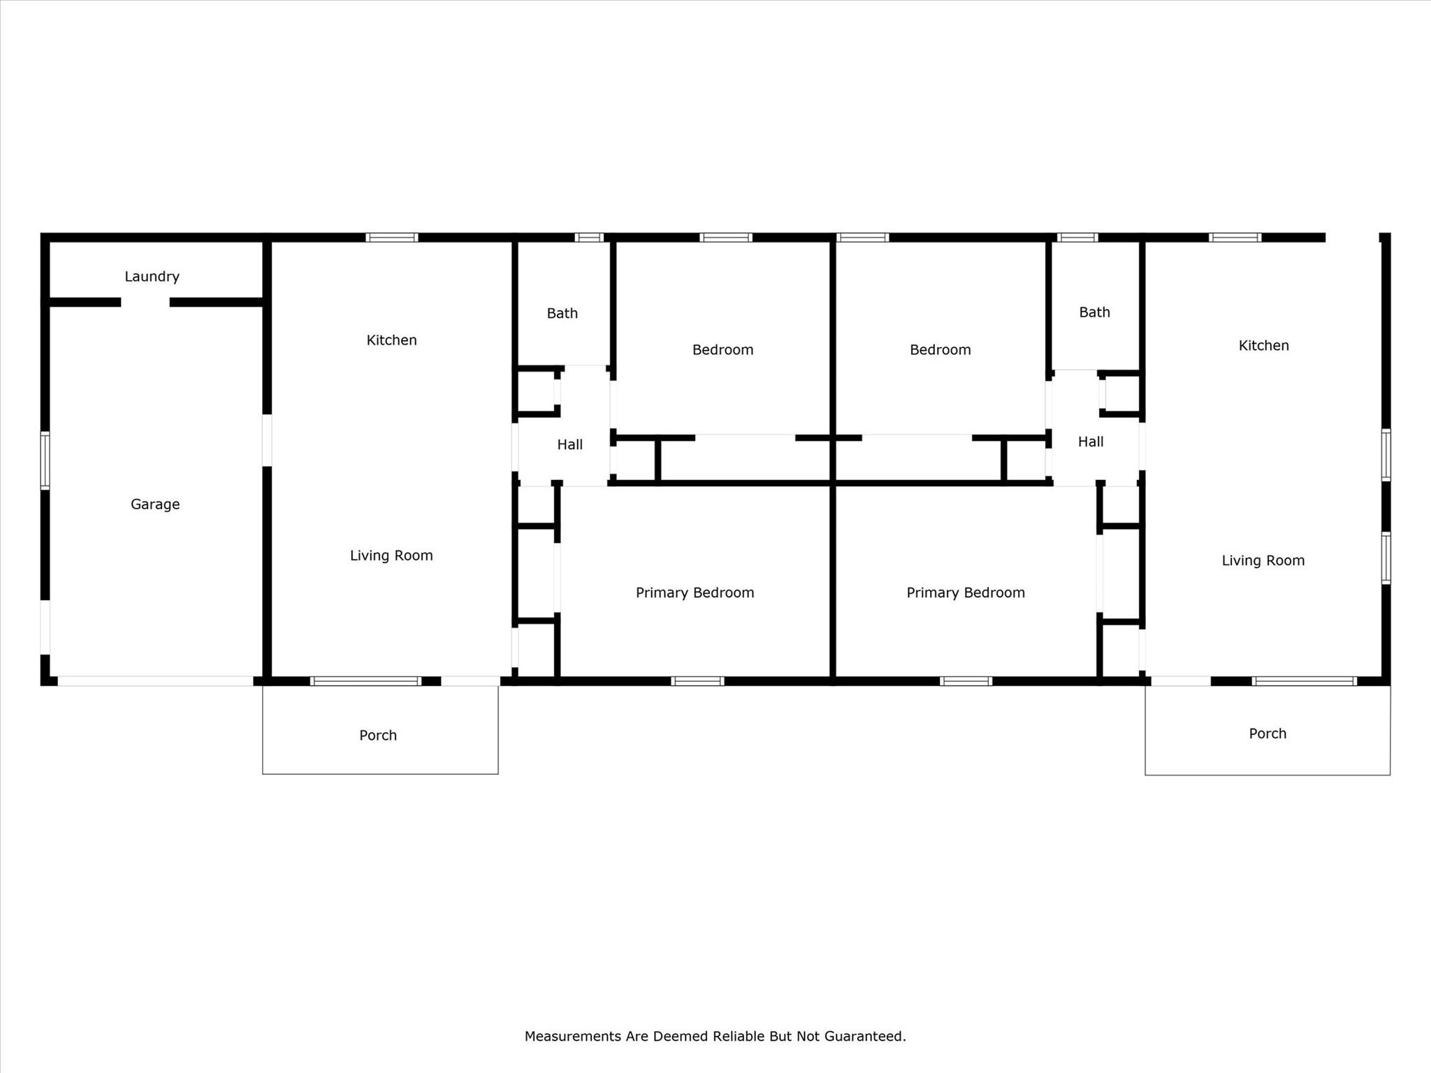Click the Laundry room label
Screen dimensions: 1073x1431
152,277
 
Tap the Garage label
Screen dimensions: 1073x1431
155,504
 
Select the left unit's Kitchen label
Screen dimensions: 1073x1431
391,340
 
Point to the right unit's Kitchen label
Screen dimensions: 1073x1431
1263,346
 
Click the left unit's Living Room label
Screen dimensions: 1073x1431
391,555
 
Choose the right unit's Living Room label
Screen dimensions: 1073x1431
1263,560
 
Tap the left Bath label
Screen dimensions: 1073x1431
562,314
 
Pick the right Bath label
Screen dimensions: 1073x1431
1094,312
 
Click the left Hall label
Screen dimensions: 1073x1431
569,444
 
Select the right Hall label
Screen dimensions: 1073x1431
1090,441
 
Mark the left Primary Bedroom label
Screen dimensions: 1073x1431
695,593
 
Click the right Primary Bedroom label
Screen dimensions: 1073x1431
965,593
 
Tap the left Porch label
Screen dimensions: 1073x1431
378,736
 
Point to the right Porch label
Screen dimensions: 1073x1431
1267,733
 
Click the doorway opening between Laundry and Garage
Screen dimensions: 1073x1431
145,302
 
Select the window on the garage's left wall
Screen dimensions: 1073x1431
45,460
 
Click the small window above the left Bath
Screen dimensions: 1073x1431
589,238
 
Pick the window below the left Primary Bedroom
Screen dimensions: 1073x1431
697,681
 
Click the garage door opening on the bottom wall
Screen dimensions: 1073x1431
155,681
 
